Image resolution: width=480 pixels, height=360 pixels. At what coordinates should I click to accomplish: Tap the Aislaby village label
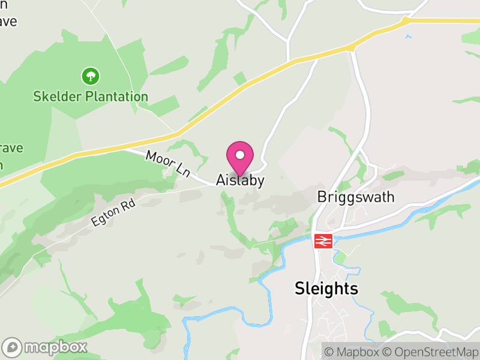pyautogui.click(x=240, y=181)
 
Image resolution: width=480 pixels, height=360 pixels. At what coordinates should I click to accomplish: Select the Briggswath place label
pyautogui.click(x=355, y=197)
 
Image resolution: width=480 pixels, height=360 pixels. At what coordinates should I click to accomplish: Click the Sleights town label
pyautogui.click(x=326, y=289)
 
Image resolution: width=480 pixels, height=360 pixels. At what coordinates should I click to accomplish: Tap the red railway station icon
pyautogui.click(x=323, y=241)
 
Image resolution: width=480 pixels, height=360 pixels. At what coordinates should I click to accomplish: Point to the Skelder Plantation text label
pyautogui.click(x=91, y=97)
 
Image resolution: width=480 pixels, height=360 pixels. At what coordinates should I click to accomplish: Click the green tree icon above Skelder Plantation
pyautogui.click(x=91, y=76)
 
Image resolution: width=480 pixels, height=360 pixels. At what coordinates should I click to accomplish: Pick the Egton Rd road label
pyautogui.click(x=113, y=213)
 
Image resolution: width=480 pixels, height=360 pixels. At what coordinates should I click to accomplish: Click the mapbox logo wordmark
pyautogui.click(x=56, y=347)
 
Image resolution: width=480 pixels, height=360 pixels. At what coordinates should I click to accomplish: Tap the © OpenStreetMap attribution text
pyautogui.click(x=431, y=352)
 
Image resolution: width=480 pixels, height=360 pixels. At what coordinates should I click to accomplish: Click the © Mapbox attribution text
pyautogui.click(x=352, y=352)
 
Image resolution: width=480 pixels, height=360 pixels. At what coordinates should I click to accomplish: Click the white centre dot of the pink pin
pyautogui.click(x=240, y=155)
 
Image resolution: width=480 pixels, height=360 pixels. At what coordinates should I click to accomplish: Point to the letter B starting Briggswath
pyautogui.click(x=321, y=197)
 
